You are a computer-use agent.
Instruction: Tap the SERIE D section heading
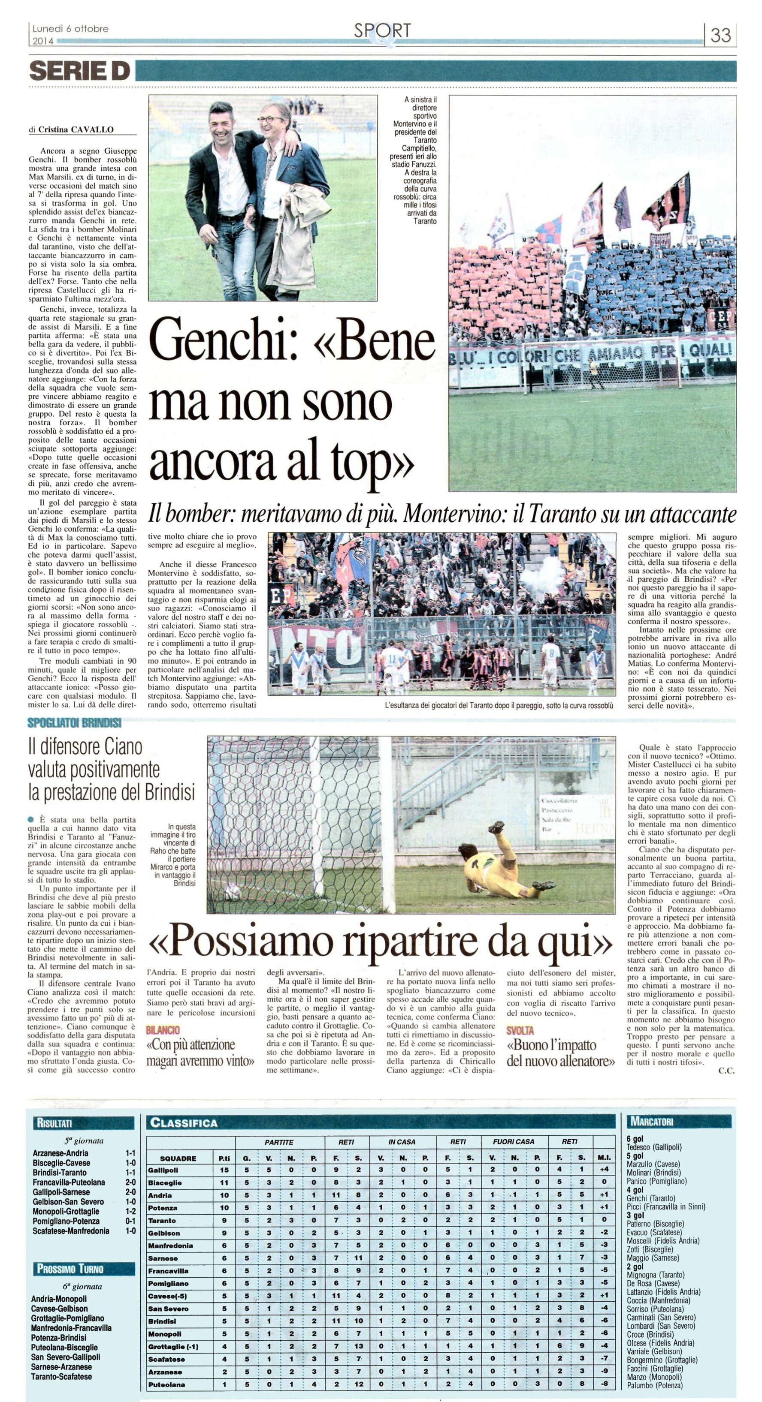[x=80, y=71]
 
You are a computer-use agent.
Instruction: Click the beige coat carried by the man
[x=297, y=241]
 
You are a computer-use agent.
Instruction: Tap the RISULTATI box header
[x=55, y=1122]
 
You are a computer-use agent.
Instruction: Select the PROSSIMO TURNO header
[x=70, y=1269]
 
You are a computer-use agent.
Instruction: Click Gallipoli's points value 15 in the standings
[x=224, y=1170]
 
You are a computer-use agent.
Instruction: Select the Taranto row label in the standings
[x=162, y=1221]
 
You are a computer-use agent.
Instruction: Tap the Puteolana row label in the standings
[x=166, y=1384]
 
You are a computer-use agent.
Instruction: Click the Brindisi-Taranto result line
[x=60, y=1172]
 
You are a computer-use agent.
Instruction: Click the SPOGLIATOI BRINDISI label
[x=75, y=723]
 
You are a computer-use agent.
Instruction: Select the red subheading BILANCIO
[x=163, y=1030]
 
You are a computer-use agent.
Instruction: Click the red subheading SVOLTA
[x=520, y=1030]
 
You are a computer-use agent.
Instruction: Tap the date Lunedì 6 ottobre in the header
[x=70, y=29]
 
